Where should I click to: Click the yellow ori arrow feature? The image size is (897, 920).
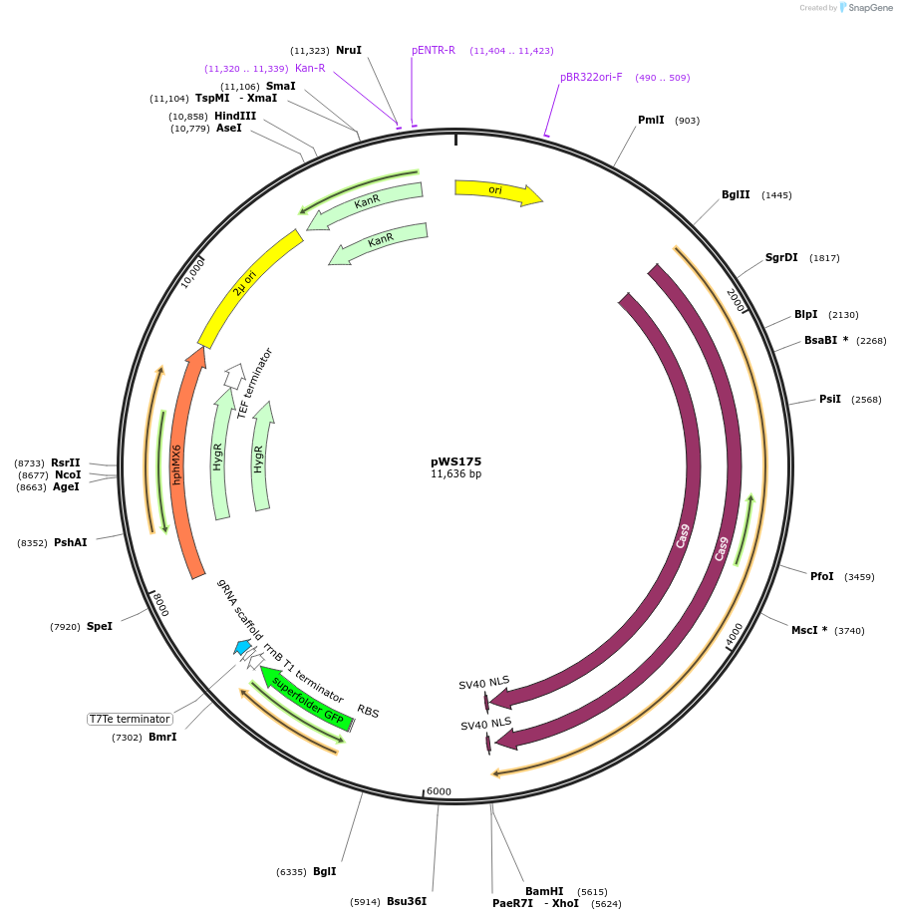(x=496, y=191)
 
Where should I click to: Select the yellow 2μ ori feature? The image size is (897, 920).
(x=249, y=287)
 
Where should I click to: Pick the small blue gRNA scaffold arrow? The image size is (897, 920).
(x=242, y=647)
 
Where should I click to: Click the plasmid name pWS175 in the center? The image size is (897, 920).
(x=455, y=461)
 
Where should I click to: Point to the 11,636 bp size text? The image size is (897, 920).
(x=455, y=474)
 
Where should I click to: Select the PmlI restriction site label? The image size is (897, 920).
(x=651, y=121)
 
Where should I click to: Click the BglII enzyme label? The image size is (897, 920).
(x=736, y=195)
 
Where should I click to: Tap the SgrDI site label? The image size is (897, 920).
(x=781, y=258)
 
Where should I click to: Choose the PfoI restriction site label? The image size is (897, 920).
(x=821, y=576)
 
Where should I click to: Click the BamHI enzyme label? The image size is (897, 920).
(x=544, y=891)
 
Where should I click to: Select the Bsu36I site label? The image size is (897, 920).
(x=407, y=901)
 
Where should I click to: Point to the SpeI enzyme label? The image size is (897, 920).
(x=100, y=626)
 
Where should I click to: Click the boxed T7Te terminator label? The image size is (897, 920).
(x=130, y=719)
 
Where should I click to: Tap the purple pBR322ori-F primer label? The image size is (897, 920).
(x=591, y=77)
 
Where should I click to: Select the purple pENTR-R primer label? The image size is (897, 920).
(x=434, y=50)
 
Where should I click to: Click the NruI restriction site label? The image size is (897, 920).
(x=349, y=50)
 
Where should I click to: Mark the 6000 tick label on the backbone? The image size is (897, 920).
(x=439, y=791)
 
